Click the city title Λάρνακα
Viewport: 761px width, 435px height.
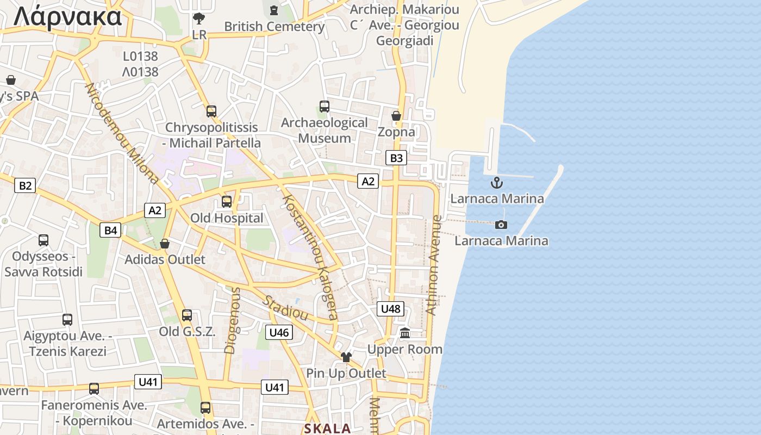(67, 16)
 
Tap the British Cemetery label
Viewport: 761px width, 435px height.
(274, 26)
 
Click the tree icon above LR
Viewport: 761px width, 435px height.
(199, 19)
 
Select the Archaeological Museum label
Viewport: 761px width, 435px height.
(325, 130)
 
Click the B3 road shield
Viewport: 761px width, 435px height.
(396, 158)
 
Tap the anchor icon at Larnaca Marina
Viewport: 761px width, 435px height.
(496, 183)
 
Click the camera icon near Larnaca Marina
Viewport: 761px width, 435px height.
(501, 225)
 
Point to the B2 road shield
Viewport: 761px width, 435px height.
(25, 185)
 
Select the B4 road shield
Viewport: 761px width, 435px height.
(110, 231)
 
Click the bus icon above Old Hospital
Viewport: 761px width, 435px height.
(227, 202)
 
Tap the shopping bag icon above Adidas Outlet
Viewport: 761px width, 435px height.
(165, 243)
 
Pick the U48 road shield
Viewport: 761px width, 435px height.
(390, 309)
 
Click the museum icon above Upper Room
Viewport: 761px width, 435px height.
(405, 333)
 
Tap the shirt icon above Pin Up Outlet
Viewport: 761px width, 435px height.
(346, 357)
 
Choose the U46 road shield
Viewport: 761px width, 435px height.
(279, 332)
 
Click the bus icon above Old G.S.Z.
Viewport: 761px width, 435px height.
(187, 315)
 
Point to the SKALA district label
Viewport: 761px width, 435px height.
(327, 428)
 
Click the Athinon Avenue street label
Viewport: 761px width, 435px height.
(434, 265)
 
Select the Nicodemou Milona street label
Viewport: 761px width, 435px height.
(122, 134)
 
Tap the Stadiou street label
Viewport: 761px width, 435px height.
(285, 308)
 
